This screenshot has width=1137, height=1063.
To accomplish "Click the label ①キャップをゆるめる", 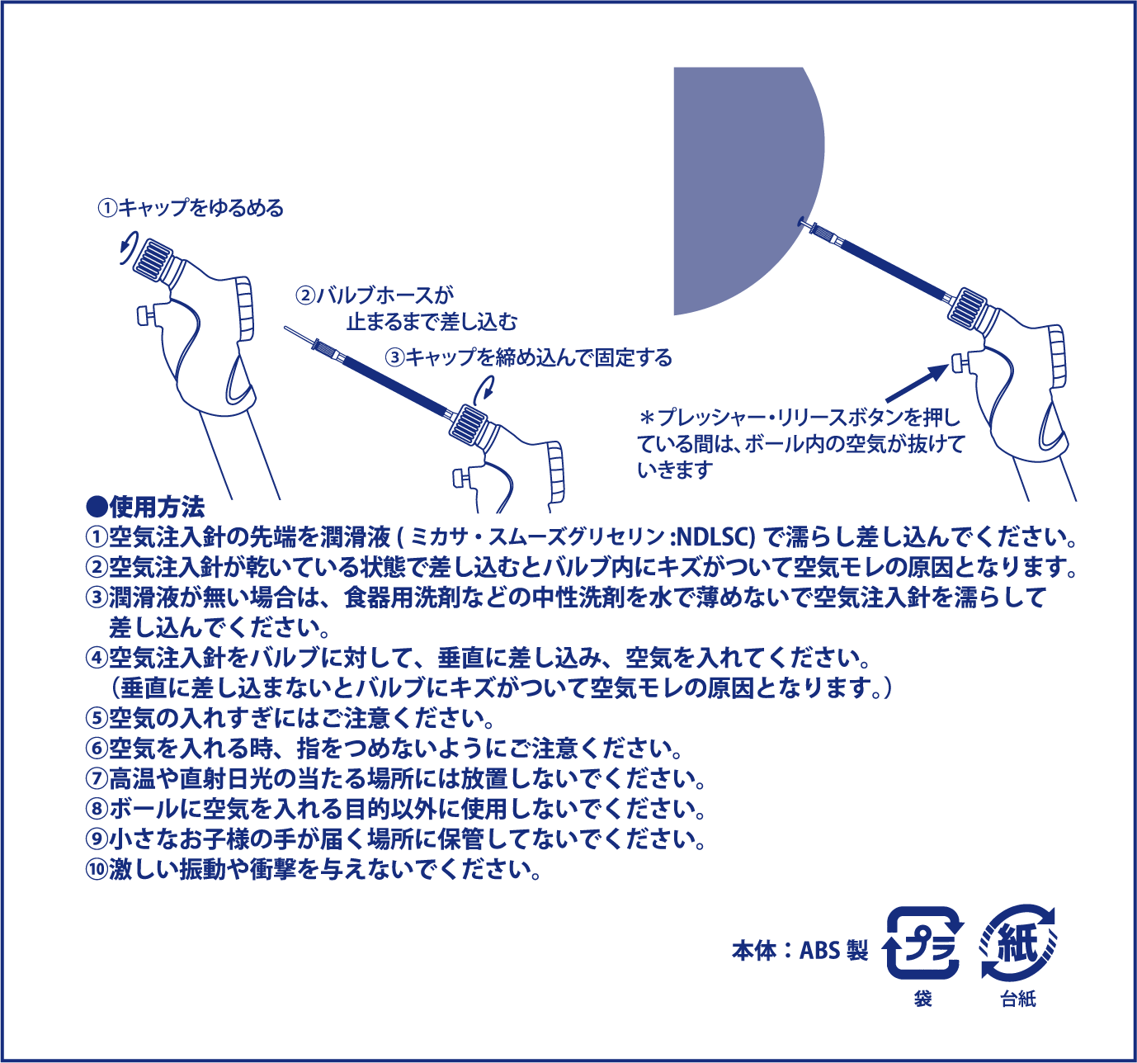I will tap(191, 207).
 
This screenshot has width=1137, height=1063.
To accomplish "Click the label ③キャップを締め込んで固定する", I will tap(529, 357).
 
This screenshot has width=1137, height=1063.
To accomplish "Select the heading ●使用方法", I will tap(145, 506).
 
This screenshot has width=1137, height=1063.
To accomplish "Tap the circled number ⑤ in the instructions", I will tap(97, 717).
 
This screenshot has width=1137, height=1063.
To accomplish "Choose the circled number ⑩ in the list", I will tap(97, 869).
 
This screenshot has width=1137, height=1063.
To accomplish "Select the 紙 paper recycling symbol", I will tap(1018, 943).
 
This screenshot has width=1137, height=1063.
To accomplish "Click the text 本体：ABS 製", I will tap(800, 950).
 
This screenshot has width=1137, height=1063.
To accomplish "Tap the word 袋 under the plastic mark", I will tap(923, 999).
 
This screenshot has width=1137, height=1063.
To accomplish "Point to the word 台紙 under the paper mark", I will tap(1017, 999).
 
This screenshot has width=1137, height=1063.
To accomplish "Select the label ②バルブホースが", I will tap(375, 295).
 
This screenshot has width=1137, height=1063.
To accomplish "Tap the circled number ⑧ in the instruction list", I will tap(97, 808).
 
